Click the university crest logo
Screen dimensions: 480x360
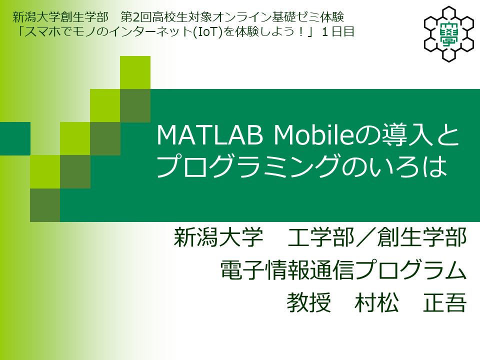pos(449,34)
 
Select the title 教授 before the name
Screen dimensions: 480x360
pos(308,302)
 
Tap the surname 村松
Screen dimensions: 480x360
pos(376,302)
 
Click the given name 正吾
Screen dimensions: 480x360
pos(445,302)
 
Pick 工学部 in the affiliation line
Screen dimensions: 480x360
pos(321,237)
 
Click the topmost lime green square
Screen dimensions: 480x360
pos(135,72)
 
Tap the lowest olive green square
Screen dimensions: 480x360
pos(45,205)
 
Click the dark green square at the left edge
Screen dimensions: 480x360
pos(15,138)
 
